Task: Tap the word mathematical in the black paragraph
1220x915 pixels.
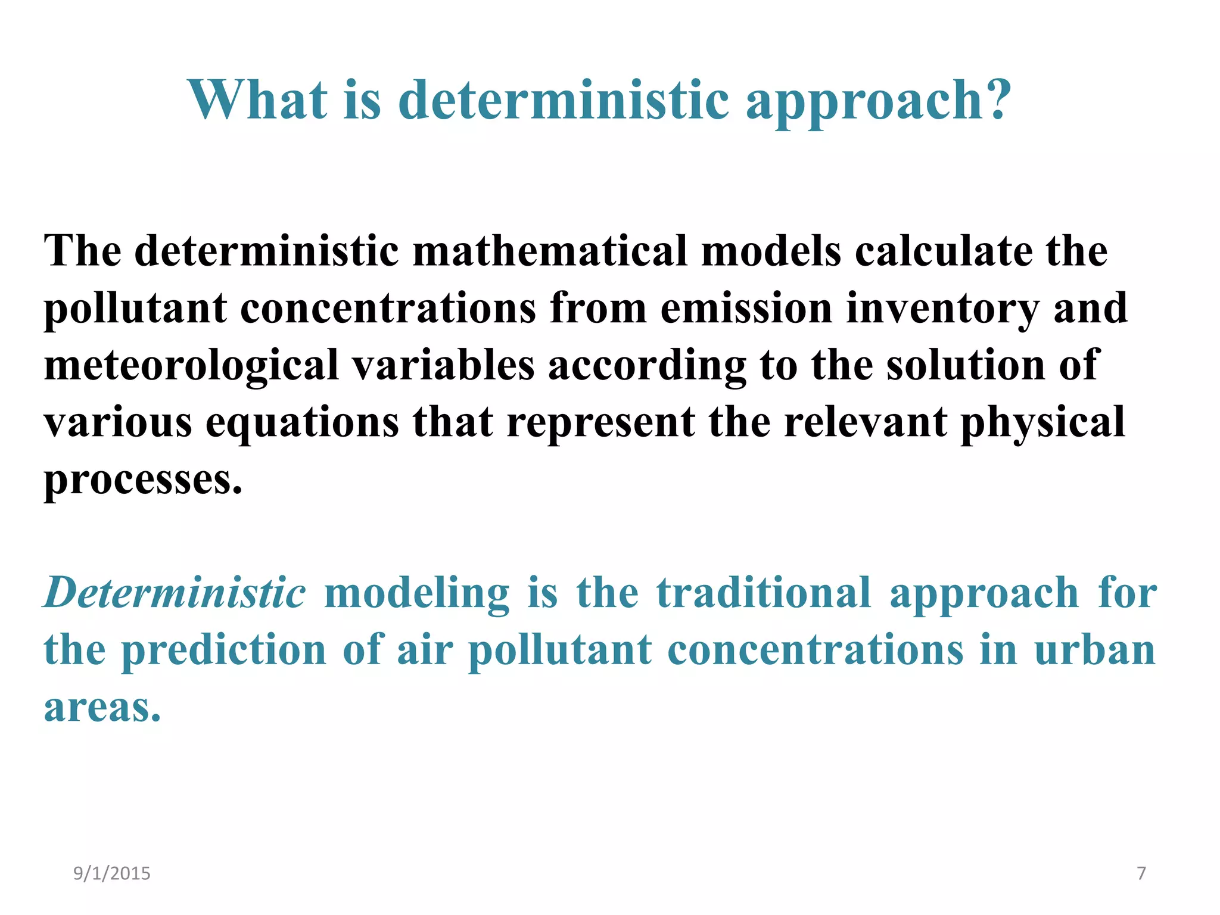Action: (550, 251)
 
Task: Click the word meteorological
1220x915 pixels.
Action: (191, 366)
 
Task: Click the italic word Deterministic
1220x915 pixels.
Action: (175, 593)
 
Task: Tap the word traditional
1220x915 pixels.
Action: (764, 593)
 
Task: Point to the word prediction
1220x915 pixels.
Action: (224, 651)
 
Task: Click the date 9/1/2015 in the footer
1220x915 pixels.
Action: (112, 873)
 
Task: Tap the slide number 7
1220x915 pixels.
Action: (1141, 873)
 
